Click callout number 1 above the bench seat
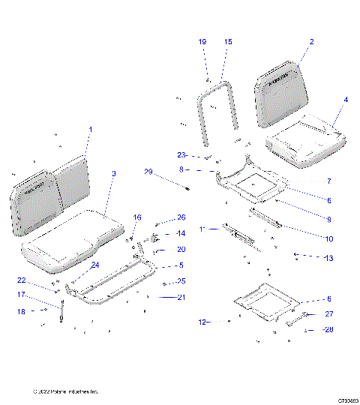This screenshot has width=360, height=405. coord(90,130)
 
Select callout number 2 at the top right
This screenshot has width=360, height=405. coord(311,42)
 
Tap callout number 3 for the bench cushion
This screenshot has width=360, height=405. coord(113,174)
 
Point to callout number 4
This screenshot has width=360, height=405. coord(345,100)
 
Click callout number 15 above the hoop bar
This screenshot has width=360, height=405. coord(228,42)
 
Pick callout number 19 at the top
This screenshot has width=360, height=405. coord(202,42)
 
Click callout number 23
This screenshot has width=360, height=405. coord(181,154)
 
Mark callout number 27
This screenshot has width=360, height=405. coord(328,315)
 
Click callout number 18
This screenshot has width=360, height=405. coord(22,310)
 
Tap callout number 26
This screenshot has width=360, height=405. coord(181,218)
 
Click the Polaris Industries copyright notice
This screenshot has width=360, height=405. coord(66,392)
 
